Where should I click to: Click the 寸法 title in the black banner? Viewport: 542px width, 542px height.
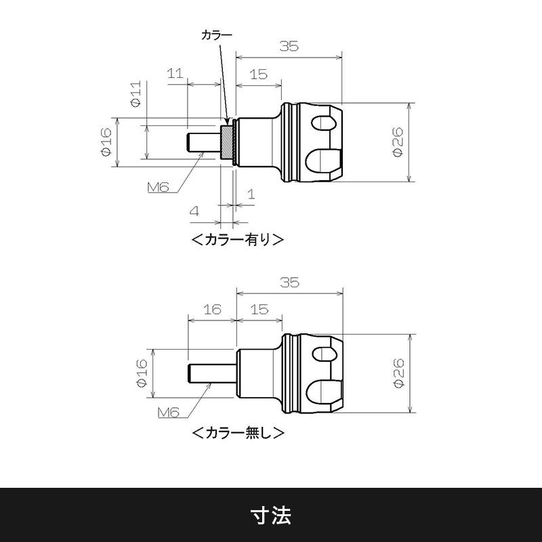pyautogui.click(x=271, y=515)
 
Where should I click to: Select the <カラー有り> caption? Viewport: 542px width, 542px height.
pyautogui.click(x=237, y=239)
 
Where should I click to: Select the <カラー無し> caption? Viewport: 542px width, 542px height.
pyautogui.click(x=237, y=432)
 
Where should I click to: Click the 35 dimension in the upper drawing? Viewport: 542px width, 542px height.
pyautogui.click(x=289, y=46)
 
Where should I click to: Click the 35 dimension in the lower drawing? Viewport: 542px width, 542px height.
pyautogui.click(x=289, y=283)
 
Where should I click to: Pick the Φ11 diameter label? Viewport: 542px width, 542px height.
pyautogui.click(x=135, y=93)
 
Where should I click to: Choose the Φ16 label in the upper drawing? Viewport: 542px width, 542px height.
pyautogui.click(x=106, y=142)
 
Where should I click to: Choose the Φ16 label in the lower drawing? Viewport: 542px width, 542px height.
pyautogui.click(x=142, y=373)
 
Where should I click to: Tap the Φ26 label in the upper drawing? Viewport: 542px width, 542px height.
pyautogui.click(x=398, y=142)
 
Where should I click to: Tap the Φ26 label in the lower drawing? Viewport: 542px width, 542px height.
pyautogui.click(x=398, y=373)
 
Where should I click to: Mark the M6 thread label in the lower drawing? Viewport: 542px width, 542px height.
pyautogui.click(x=169, y=412)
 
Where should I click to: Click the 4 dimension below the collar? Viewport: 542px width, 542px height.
pyautogui.click(x=194, y=211)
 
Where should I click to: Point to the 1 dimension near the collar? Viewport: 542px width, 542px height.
pyautogui.click(x=251, y=194)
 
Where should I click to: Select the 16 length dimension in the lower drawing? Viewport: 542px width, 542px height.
pyautogui.click(x=212, y=309)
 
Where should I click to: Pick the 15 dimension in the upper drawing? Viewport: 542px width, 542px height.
pyautogui.click(x=258, y=74)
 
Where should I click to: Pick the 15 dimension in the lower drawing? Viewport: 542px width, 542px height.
pyautogui.click(x=258, y=309)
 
